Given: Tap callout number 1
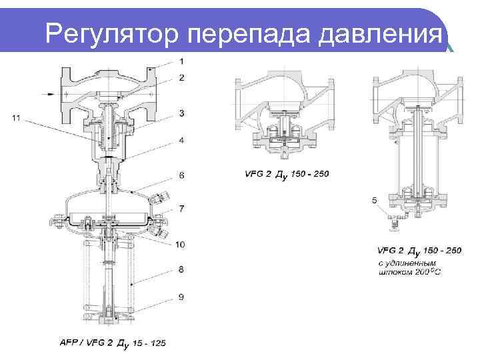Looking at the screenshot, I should [182, 61].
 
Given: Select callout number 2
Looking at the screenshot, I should [182, 78].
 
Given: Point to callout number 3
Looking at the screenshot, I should [182, 114].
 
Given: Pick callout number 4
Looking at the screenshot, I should [182, 140].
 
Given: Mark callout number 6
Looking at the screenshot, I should [182, 175].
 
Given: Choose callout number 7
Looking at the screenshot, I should [182, 209].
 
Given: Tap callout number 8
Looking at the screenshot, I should [182, 269].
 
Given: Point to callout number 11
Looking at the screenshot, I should [17, 118].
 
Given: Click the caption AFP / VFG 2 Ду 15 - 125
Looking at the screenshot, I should [112, 343].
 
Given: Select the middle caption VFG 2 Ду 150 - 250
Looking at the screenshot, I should [287, 174].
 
